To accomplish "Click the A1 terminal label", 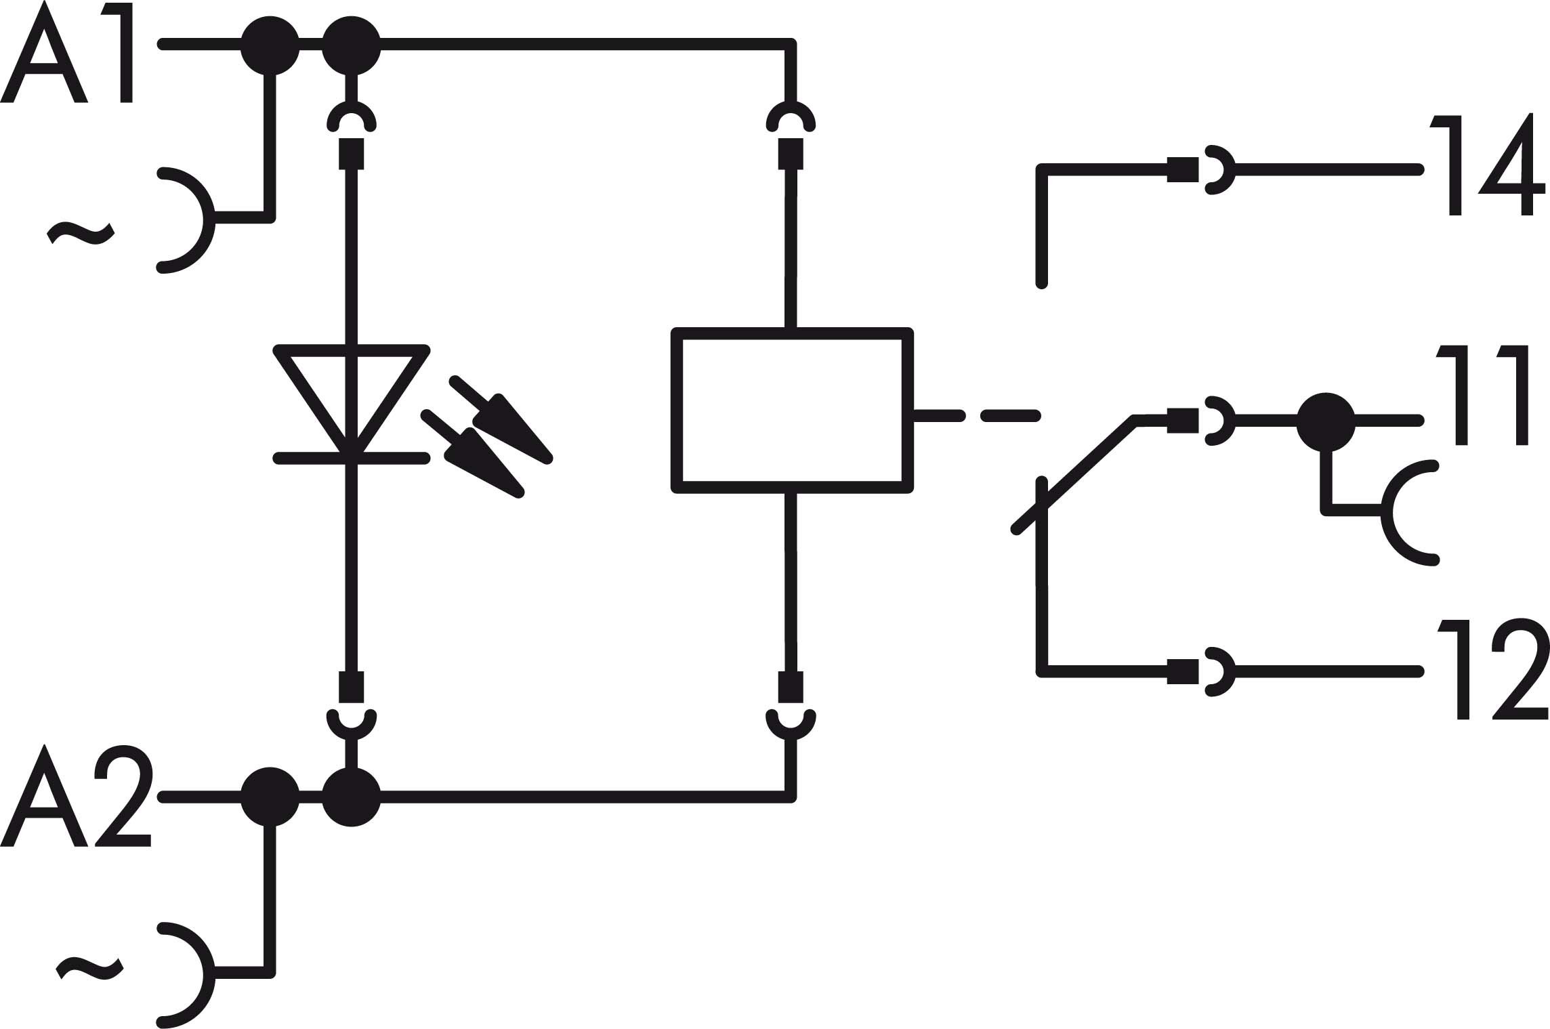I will point(68,52).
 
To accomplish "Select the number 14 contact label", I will point(1487,167).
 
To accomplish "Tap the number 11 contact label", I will point(1484,396).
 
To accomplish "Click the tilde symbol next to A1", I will point(81,233).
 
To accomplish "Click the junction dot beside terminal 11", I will point(1326,421).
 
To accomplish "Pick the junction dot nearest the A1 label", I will point(270,45).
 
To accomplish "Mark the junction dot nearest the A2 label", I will point(270,797).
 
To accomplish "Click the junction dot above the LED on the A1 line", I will point(350,45).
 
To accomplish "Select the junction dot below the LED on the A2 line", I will point(350,797).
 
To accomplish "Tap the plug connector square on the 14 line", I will point(1182,169).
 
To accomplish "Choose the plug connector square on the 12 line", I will point(1182,671).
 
